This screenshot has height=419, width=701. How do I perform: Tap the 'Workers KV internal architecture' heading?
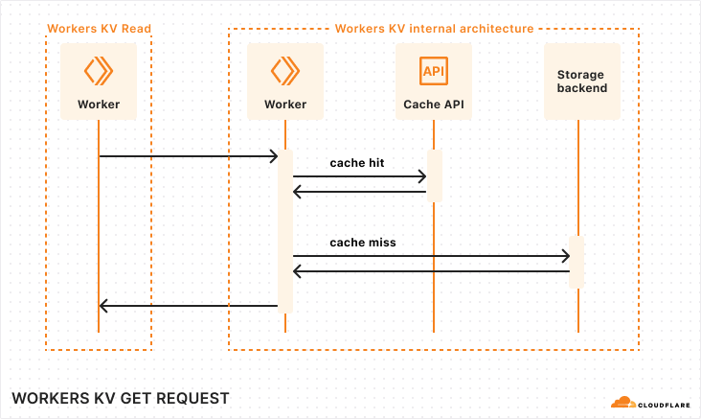434,29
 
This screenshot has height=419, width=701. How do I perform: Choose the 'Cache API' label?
434,104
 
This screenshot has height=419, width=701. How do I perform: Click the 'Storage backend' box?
581,81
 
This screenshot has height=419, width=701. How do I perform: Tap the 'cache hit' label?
357,163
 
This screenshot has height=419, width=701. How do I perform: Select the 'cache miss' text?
363,243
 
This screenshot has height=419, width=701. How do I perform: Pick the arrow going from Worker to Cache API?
359,176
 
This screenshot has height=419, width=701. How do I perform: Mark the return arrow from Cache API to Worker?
359,193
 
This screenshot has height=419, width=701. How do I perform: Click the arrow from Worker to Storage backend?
431,256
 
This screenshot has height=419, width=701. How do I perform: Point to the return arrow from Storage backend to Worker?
431,272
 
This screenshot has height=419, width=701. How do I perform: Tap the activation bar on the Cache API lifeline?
434,175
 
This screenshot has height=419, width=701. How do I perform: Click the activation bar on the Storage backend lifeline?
577,262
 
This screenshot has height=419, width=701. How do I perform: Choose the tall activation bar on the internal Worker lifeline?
284,230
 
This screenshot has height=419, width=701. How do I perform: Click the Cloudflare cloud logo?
622,403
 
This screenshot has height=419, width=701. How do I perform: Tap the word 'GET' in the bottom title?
137,398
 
